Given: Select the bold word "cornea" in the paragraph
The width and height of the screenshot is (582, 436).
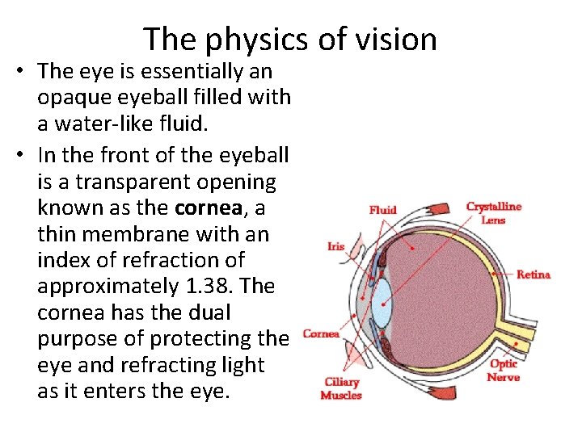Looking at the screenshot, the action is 208,208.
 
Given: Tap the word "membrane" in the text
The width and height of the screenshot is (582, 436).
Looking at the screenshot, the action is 133,234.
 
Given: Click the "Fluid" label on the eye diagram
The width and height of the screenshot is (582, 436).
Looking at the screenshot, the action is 382,210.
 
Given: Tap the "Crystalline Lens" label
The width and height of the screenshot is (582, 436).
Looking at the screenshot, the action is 493,212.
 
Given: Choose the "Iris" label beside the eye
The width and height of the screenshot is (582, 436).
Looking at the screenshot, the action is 335,246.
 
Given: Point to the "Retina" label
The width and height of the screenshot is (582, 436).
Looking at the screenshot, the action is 533,275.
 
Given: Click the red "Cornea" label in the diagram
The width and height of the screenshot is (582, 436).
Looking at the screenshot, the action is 321,333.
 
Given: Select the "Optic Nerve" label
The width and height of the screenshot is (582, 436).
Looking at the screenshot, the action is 503,371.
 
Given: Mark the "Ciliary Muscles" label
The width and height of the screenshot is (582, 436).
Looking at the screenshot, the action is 341,388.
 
